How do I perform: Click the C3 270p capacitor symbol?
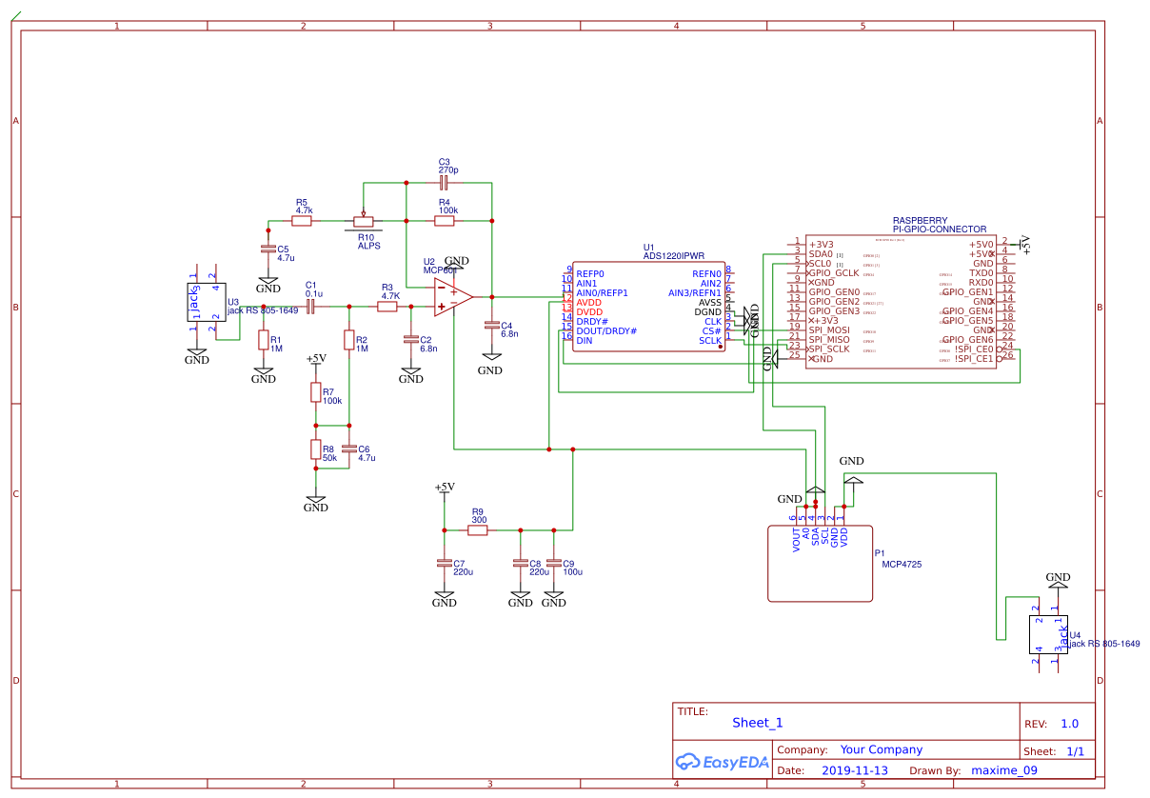coord(445,181)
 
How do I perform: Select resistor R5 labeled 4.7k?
coord(301,221)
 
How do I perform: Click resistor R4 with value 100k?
coord(445,221)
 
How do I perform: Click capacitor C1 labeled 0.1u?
coord(310,306)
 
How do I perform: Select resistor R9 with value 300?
coord(478,529)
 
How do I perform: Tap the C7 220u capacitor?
coord(444,563)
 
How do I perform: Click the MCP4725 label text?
coord(902,565)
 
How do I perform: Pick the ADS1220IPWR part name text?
coord(674,256)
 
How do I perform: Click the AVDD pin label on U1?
coord(589,302)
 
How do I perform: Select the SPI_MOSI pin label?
coord(829,329)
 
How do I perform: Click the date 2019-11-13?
coord(854,770)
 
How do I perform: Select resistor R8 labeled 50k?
coord(315,450)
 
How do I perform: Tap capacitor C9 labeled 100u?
coord(553,563)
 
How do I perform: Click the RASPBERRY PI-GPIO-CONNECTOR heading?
coord(939,225)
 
